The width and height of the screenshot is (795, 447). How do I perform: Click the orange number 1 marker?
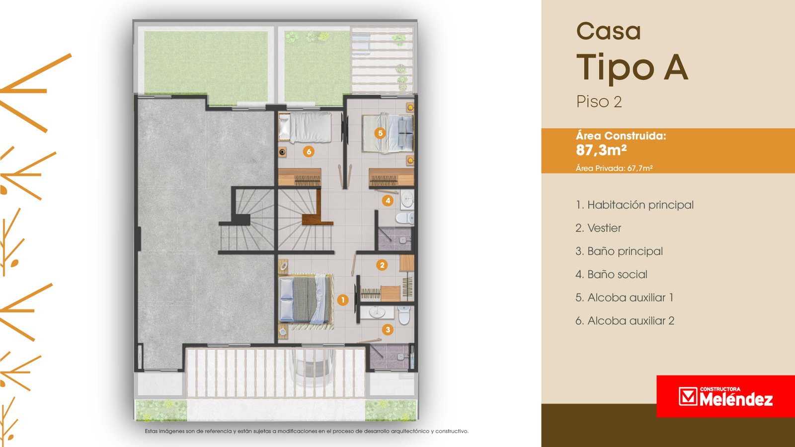pos(342,300)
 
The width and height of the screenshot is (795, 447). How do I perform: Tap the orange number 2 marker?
pos(382,265)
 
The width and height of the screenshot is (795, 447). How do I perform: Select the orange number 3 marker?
pos(388,330)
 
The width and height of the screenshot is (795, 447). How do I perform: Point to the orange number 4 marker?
pos(388,201)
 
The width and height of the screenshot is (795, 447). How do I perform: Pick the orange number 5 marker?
pos(380,133)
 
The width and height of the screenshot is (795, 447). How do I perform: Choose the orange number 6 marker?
pos(309,152)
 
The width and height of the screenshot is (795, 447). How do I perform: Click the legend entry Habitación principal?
pos(635,205)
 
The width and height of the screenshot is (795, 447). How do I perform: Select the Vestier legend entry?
pos(598,228)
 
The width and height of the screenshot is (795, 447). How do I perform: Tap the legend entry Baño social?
pos(612,274)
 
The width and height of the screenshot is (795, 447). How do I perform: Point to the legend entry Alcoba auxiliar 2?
pos(625,321)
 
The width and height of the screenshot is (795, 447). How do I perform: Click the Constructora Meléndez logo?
pos(726,396)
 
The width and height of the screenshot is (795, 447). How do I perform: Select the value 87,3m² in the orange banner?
pos(601,150)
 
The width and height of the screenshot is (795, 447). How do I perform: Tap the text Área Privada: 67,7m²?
pos(614,168)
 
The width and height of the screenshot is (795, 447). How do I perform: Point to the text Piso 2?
pos(599,102)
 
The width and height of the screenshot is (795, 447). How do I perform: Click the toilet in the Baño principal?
pos(404,315)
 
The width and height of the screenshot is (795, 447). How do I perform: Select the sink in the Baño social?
pos(407,199)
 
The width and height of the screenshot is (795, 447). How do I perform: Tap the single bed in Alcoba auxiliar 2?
pos(305,127)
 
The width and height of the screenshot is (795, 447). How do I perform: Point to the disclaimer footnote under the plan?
pos(307,432)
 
